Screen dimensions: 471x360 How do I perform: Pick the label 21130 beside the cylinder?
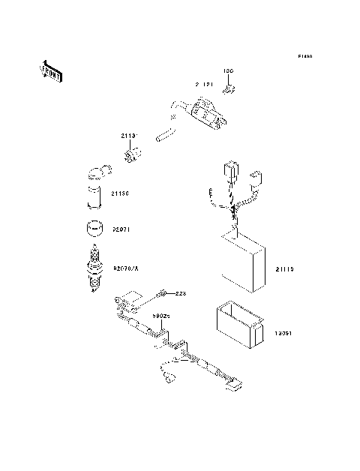tap(121, 193)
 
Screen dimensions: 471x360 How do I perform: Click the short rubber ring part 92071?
tap(93, 228)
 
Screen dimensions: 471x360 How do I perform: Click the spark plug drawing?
tap(94, 269)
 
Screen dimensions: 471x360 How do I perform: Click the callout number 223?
tap(179, 292)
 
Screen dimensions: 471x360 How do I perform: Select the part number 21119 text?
tap(286, 267)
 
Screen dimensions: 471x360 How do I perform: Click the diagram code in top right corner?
tap(304, 56)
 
